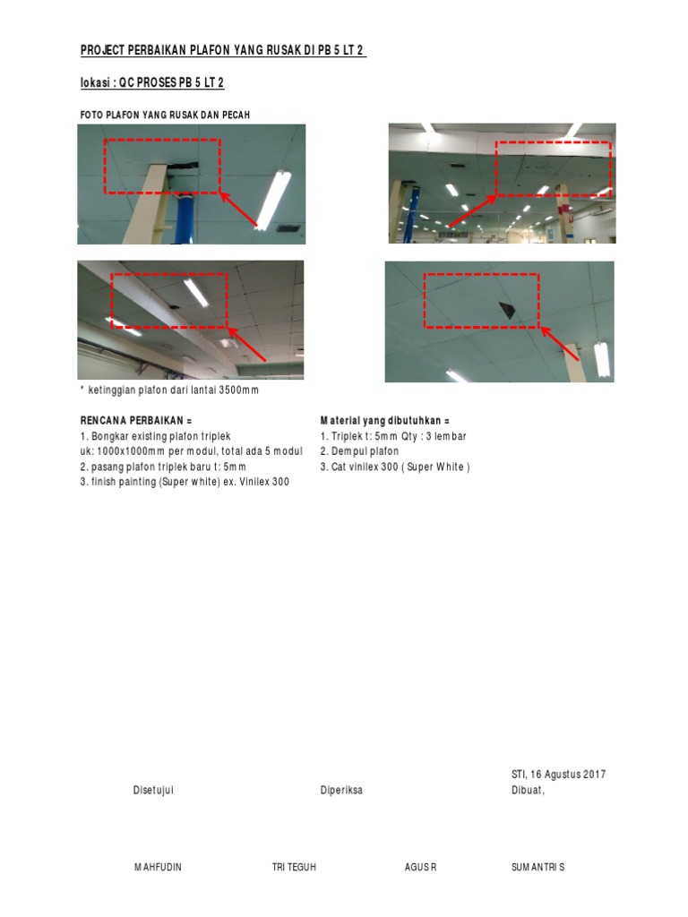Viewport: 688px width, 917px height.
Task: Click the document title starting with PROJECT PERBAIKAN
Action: coord(223,51)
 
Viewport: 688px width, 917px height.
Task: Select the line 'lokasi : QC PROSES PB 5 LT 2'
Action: coord(151,83)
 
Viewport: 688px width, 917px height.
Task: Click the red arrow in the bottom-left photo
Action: coord(248,345)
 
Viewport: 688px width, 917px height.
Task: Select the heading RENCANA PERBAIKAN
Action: coord(136,420)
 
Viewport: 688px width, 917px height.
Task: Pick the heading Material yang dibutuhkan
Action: coord(384,420)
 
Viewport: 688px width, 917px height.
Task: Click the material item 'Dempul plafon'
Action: coord(359,451)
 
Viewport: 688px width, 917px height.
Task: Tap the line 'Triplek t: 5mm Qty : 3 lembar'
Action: coord(392,436)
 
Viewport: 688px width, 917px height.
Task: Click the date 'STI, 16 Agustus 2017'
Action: coord(558,775)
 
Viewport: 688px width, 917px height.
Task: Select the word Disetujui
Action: coord(153,790)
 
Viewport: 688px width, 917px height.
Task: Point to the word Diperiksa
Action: coord(341,790)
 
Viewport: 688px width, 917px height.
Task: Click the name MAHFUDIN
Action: coord(158,868)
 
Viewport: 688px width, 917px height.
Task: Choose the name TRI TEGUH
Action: coord(294,868)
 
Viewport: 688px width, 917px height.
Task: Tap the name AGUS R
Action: coord(420,868)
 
